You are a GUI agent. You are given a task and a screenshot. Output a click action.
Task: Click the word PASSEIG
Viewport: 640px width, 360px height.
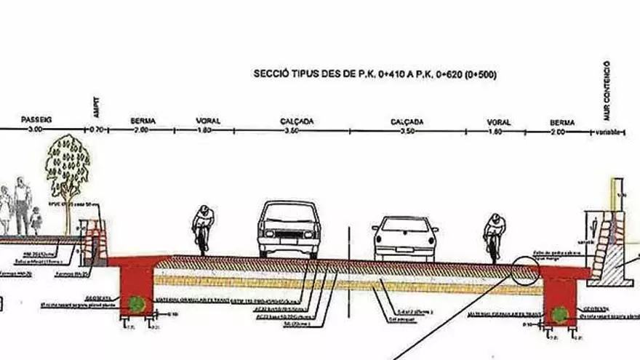click(36, 119)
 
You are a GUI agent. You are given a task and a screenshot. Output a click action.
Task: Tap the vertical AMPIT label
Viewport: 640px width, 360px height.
click(97, 107)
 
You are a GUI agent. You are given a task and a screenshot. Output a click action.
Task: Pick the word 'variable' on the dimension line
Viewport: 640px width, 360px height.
click(607, 132)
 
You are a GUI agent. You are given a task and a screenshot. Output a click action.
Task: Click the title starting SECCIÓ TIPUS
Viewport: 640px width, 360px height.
click(375, 73)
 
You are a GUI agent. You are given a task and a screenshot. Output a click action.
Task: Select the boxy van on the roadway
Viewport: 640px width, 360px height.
click(289, 228)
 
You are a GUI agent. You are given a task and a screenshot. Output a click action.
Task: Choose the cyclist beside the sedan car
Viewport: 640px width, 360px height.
click(495, 236)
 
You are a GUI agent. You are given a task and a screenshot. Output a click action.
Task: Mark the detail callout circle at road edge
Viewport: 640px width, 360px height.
click(525, 270)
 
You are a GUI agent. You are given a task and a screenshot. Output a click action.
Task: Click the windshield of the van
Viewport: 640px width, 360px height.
click(289, 215)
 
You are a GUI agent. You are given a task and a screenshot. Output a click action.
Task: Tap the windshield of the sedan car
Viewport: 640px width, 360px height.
click(404, 225)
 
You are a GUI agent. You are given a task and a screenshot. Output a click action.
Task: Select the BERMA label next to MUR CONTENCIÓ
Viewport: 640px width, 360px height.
click(562, 122)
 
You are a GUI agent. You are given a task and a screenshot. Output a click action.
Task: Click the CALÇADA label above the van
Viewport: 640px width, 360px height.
click(297, 121)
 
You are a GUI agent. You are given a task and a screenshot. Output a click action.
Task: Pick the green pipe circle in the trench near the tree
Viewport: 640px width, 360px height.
click(135, 303)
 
